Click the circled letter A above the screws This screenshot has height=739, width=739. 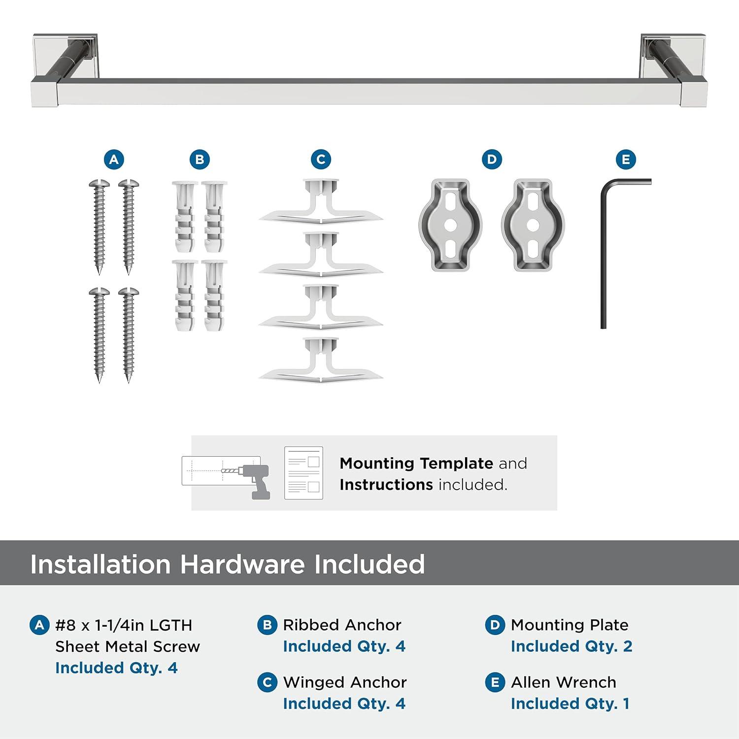point(114,160)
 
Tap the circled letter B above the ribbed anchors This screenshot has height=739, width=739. point(200,160)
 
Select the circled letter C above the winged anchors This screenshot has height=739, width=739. point(321,160)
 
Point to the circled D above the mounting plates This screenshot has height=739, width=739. point(492,160)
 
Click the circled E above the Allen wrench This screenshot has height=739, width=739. point(626,160)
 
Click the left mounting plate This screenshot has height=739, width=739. point(450,225)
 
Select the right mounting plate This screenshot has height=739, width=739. point(533,225)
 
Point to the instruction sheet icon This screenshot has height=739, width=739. point(303,473)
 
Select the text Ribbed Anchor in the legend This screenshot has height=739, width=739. point(342,625)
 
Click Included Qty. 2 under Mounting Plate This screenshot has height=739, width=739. point(571,646)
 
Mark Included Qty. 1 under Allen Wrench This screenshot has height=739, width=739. point(570,704)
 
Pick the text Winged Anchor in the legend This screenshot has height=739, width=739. point(345,682)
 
